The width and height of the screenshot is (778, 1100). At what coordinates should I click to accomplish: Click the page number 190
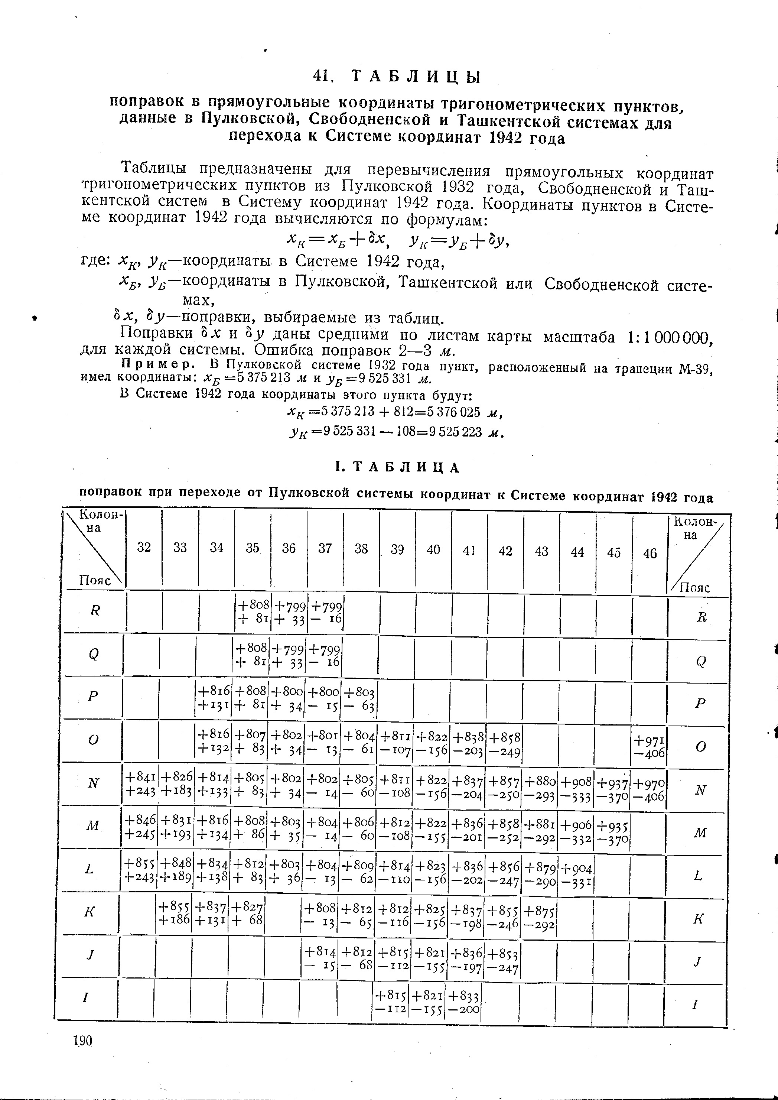(82, 1041)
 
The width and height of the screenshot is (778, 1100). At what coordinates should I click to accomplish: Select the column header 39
(397, 549)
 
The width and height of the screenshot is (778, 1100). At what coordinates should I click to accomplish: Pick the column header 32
(144, 547)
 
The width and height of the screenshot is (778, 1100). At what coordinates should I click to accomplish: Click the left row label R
(95, 610)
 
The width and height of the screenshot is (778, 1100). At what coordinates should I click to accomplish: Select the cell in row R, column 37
(326, 613)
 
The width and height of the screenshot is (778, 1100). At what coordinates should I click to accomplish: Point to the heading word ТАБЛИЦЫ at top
(416, 77)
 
